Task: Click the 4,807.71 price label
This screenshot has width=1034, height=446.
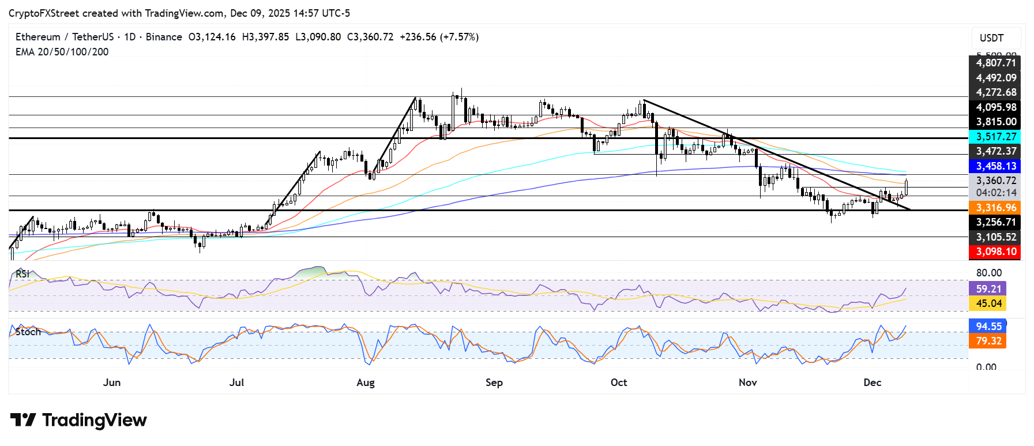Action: (x=995, y=63)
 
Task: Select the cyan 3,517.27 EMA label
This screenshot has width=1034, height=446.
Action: (x=995, y=137)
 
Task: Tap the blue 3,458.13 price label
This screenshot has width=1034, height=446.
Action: (x=995, y=166)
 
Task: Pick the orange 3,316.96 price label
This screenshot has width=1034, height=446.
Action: (x=995, y=208)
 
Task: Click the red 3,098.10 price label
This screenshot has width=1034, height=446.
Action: (x=995, y=252)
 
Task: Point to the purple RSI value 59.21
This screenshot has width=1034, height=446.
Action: (x=988, y=288)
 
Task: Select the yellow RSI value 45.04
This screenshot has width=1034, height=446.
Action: (x=988, y=303)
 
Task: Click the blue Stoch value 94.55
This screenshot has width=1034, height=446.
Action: (x=988, y=327)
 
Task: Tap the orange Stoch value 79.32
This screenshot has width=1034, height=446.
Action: (x=988, y=341)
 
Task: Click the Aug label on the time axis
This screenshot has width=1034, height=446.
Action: (x=366, y=383)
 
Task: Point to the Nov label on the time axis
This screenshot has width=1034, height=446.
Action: (x=747, y=383)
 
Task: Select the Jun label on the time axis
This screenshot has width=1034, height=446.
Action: (x=112, y=383)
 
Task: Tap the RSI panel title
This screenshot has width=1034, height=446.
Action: (x=22, y=274)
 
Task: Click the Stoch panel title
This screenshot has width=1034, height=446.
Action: (x=28, y=332)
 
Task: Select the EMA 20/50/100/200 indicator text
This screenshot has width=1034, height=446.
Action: (x=62, y=52)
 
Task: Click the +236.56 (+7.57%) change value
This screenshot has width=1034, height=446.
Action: (x=439, y=37)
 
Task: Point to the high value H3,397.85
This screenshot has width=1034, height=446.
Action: (x=265, y=37)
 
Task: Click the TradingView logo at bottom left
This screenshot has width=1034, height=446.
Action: (x=79, y=420)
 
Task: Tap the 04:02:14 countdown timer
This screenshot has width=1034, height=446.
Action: (x=995, y=193)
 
